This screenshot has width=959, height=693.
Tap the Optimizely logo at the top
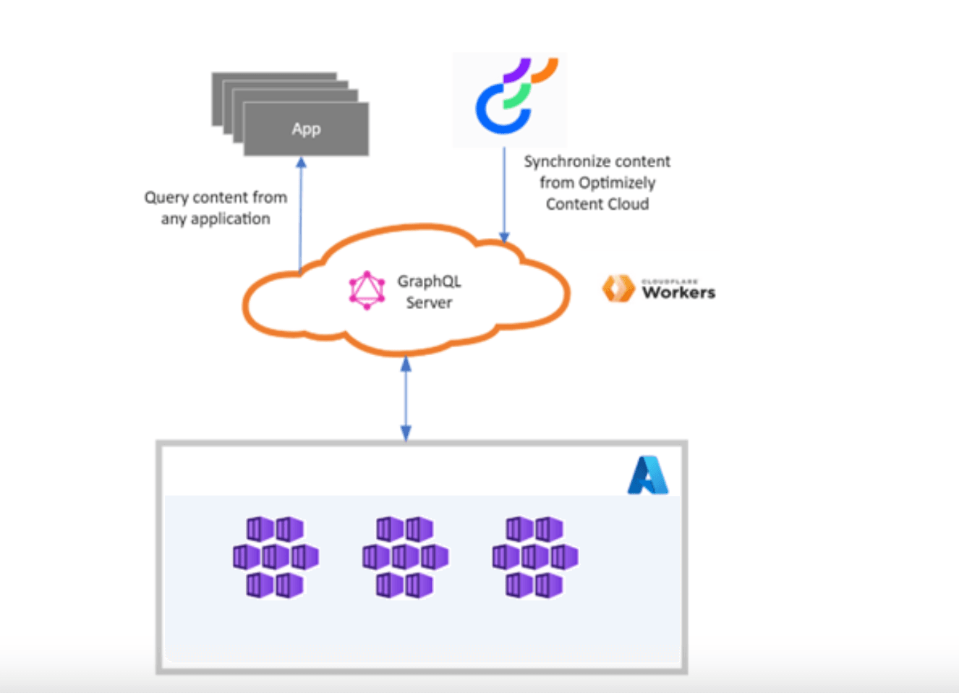pyautogui.click(x=510, y=98)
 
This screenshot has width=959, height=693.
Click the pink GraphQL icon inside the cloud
pyautogui.click(x=367, y=291)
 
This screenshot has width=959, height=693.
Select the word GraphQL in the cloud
pyautogui.click(x=429, y=281)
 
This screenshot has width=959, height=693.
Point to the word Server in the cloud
pyautogui.click(x=429, y=302)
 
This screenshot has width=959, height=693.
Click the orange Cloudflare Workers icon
pyautogui.click(x=618, y=289)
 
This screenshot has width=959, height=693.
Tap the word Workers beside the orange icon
pyautogui.click(x=678, y=293)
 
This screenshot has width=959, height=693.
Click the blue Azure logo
pyautogui.click(x=647, y=475)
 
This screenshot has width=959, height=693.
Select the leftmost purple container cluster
pyautogui.click(x=276, y=557)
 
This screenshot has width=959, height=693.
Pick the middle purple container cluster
pyautogui.click(x=405, y=557)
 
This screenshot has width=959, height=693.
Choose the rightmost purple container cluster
pyautogui.click(x=534, y=557)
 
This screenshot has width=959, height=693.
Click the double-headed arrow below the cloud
pyautogui.click(x=406, y=399)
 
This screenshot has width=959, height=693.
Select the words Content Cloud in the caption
pyautogui.click(x=597, y=204)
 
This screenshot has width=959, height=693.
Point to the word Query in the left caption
pyautogui.click(x=166, y=197)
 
